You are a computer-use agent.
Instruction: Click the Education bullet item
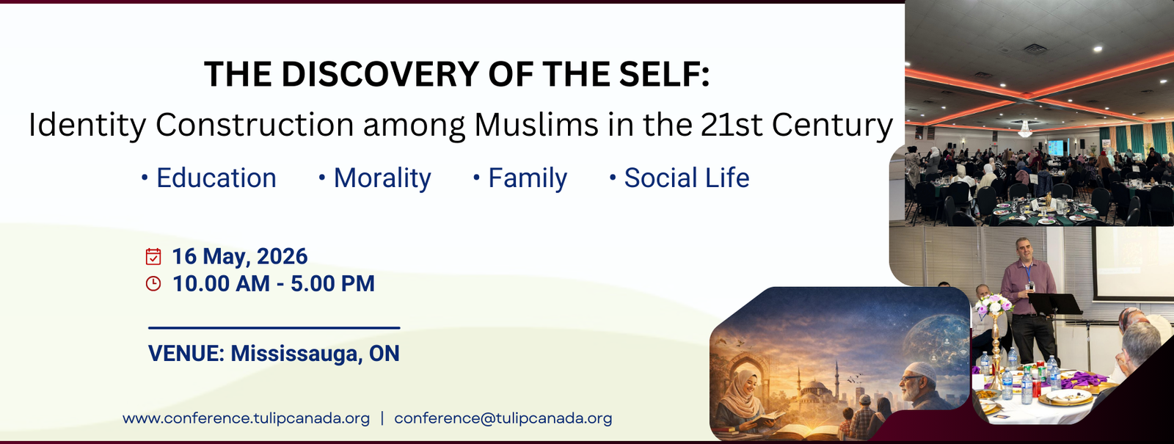pos(216,178)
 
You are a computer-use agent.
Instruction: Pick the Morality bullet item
pos(382,178)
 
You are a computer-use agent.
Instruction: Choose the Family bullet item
pos(527,178)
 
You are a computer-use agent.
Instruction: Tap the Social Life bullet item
pos(686,178)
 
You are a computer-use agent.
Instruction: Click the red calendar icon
pos(153,256)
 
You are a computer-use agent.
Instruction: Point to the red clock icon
pos(153,283)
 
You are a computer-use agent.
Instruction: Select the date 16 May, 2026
pos(239,256)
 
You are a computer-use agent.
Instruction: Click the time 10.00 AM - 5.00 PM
pos(273,283)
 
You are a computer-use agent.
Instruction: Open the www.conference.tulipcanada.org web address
pos(246,418)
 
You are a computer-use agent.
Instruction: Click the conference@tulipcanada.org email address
pos(503,418)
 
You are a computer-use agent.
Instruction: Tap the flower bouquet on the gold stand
pos(994,305)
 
